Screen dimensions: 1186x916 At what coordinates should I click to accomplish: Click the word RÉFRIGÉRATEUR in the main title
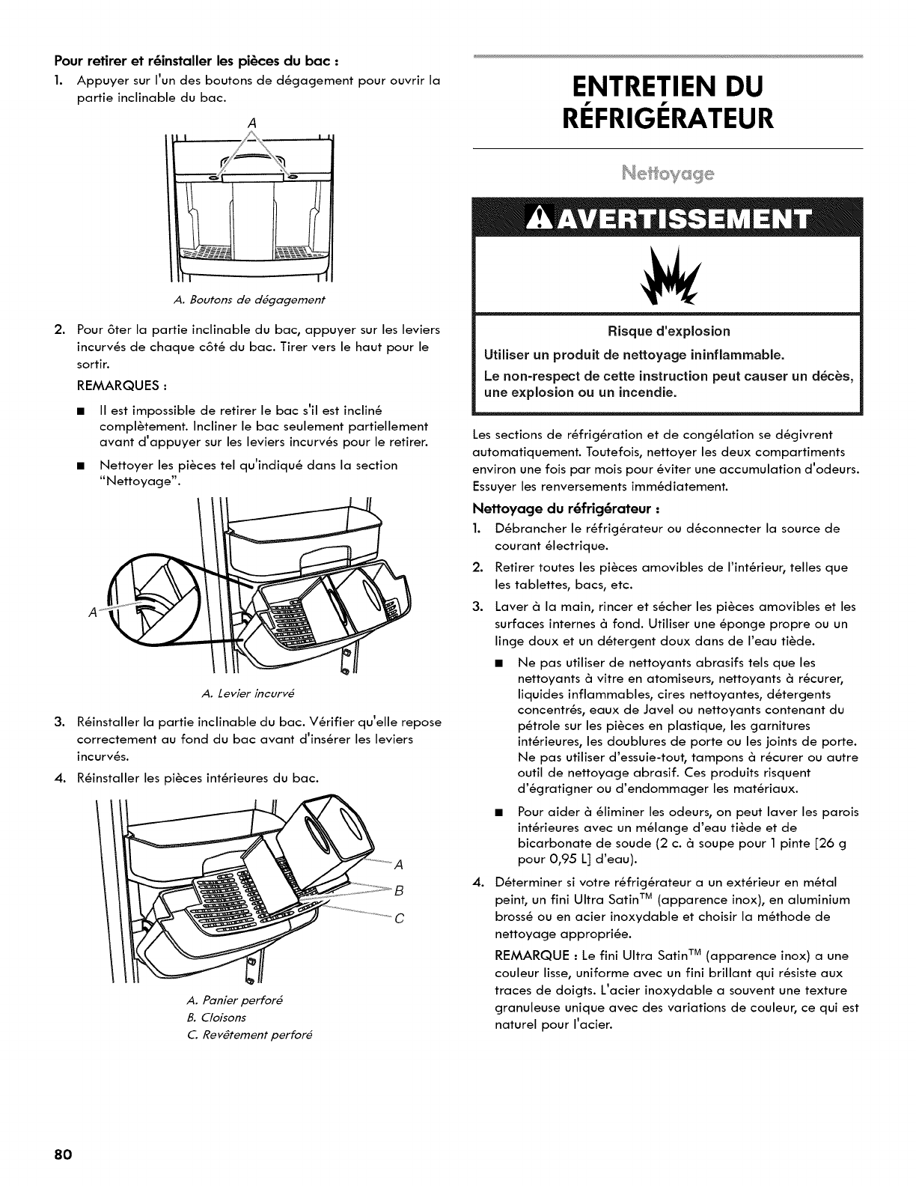coord(668,118)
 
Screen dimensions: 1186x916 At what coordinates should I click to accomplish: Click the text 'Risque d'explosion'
coord(668,331)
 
